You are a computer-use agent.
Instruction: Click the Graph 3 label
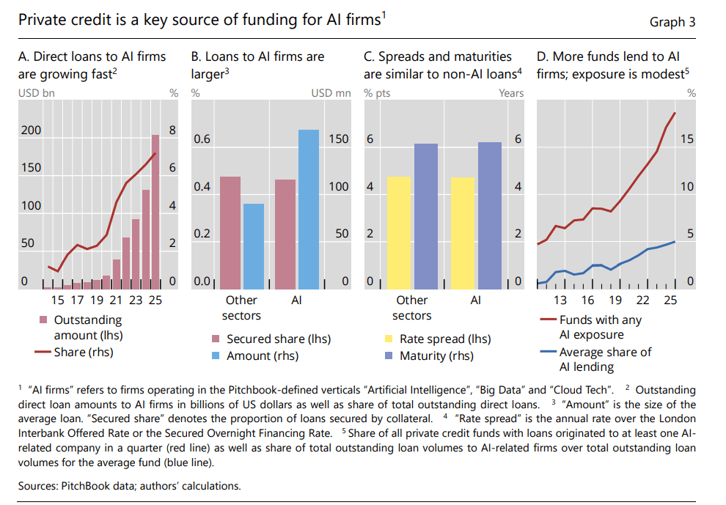pyautogui.click(x=672, y=22)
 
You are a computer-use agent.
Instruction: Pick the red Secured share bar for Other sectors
pyautogui.click(x=230, y=232)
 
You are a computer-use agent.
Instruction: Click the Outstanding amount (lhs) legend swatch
pyautogui.click(x=43, y=320)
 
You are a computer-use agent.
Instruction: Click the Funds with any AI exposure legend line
pyautogui.click(x=548, y=320)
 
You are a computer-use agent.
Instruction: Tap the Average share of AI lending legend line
pyautogui.click(x=548, y=353)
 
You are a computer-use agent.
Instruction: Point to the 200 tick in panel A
pyautogui.click(x=31, y=130)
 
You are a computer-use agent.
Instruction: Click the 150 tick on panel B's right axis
pyautogui.click(x=338, y=139)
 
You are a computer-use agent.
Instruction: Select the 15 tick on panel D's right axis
pyautogui.click(x=686, y=139)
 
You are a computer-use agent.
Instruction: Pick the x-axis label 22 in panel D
pyautogui.click(x=642, y=300)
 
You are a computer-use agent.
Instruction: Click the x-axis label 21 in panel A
pyautogui.click(x=116, y=300)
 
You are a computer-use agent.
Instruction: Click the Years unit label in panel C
pyautogui.click(x=511, y=93)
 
